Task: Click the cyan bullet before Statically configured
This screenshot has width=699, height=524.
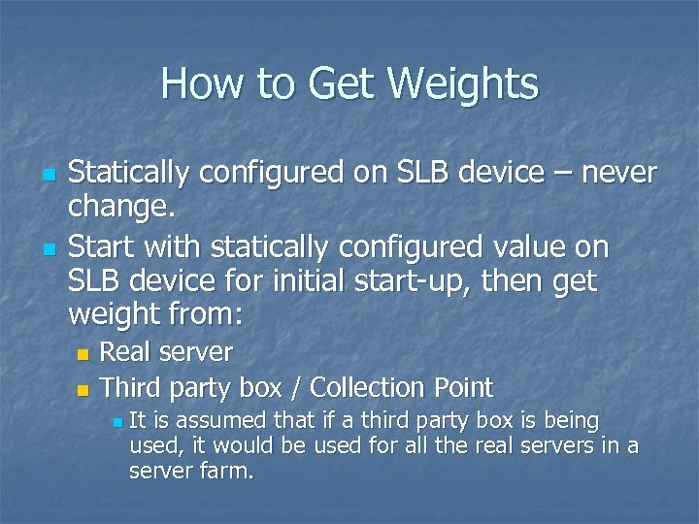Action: click(x=50, y=176)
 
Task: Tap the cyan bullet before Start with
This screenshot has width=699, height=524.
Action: click(x=50, y=249)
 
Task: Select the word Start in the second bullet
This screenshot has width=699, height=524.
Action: click(x=101, y=247)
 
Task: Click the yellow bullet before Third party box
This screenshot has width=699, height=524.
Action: click(x=83, y=390)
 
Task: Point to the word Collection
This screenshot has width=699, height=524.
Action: click(x=373, y=388)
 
